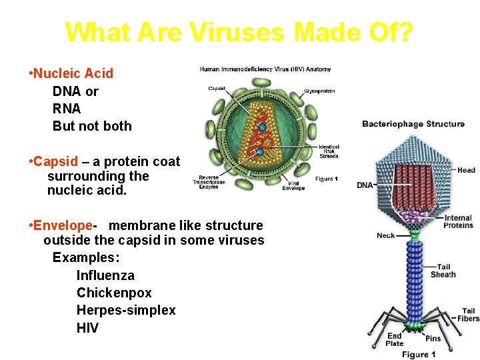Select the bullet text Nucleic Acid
point(73,73)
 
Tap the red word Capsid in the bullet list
point(55,161)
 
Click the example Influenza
point(105,275)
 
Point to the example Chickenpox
point(114,293)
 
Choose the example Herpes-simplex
point(126,310)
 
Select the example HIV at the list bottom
point(87,327)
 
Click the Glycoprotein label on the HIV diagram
point(319,91)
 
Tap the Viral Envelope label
point(293,185)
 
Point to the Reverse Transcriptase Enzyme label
point(209,181)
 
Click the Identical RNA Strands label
point(329,151)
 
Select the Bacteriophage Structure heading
point(413,124)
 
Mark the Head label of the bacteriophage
point(466,170)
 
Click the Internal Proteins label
point(458,221)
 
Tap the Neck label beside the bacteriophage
point(386,235)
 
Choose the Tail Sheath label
point(443,271)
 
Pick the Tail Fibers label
point(468,315)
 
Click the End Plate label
point(395,339)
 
